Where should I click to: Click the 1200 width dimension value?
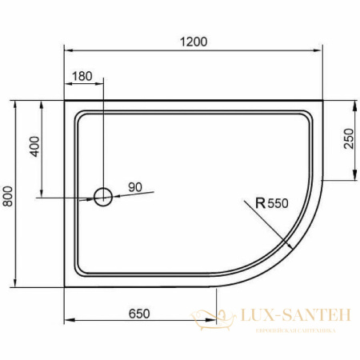pos(194,42)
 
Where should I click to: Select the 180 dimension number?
pos(82,77)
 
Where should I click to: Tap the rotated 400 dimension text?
pos(33,148)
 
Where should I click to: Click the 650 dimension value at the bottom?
pos(139,314)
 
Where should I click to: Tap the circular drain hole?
pos(102,195)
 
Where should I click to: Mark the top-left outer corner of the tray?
pos(64,101)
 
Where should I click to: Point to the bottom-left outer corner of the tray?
pos(64,286)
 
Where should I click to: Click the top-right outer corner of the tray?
pos(322,101)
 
